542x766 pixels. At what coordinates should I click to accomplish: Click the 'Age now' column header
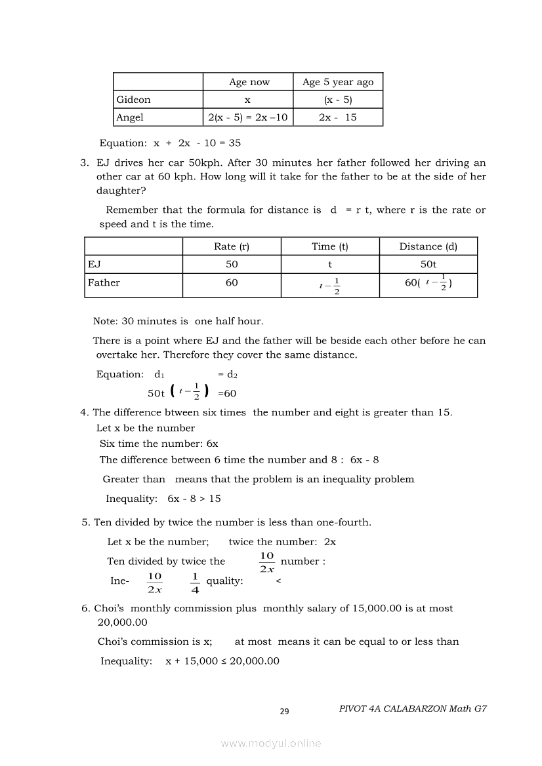249,82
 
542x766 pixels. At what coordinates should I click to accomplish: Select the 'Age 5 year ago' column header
338,82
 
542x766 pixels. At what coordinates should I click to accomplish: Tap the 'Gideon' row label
133,100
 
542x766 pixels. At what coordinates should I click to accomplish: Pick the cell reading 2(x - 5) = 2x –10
248,117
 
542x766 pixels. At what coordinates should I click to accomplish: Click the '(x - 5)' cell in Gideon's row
338,100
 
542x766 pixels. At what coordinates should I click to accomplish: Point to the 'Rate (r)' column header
232,246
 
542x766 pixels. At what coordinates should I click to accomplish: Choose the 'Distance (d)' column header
428,246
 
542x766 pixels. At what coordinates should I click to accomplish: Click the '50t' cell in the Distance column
428,264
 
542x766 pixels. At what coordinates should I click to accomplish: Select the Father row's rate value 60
232,282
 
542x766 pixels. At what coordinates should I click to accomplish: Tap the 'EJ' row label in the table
94,264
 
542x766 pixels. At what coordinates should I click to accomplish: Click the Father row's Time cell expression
330,285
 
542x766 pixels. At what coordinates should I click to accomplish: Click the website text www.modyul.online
271,744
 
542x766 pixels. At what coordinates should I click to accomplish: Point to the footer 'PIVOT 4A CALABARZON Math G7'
413,709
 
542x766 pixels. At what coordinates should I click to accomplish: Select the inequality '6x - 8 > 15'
194,499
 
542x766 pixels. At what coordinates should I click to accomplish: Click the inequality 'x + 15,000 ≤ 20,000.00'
222,661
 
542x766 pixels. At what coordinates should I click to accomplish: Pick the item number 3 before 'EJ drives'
84,163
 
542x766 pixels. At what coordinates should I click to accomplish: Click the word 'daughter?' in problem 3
121,190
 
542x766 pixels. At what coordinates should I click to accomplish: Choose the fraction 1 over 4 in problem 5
194,582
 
